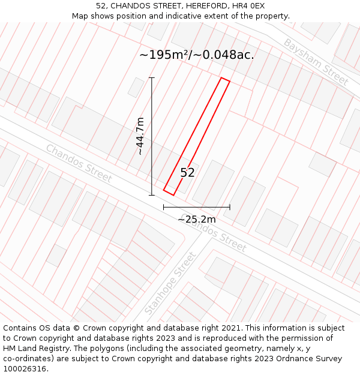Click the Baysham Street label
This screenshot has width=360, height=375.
click(x=316, y=62)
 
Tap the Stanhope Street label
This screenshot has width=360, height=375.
click(x=170, y=284)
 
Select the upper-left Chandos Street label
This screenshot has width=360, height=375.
click(x=79, y=163)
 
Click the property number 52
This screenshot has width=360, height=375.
click(x=187, y=173)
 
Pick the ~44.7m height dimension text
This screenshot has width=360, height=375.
click(x=140, y=136)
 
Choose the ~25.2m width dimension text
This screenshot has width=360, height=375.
click(x=196, y=220)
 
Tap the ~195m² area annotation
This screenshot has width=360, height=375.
click(x=196, y=55)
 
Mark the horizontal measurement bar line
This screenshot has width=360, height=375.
click(x=196, y=207)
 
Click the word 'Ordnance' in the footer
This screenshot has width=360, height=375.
click(x=298, y=359)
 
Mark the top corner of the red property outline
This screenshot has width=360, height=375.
click(x=221, y=78)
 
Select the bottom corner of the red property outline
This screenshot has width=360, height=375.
click(x=173, y=195)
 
